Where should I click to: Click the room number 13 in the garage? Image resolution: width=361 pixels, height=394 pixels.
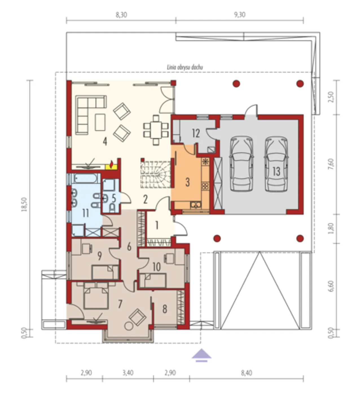pyautogui.click(x=276, y=171)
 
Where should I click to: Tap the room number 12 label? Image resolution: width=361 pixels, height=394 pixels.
pyautogui.click(x=196, y=133)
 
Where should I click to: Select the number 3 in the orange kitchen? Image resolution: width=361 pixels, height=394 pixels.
pyautogui.click(x=188, y=182)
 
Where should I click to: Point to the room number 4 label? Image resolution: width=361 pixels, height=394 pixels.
pyautogui.click(x=105, y=141)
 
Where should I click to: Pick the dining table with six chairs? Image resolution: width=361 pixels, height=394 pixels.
pyautogui.click(x=156, y=130)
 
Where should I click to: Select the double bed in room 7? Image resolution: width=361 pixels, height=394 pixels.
pyautogui.click(x=96, y=296)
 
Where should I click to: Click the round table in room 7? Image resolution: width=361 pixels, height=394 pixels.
pyautogui.click(x=129, y=326)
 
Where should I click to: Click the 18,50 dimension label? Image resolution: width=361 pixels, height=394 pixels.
pyautogui.click(x=25, y=204)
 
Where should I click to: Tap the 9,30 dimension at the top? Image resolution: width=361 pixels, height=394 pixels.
pyautogui.click(x=240, y=15)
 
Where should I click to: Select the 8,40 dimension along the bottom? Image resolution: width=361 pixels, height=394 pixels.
pyautogui.click(x=246, y=373)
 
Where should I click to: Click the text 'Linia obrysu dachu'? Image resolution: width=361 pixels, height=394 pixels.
pyautogui.click(x=185, y=67)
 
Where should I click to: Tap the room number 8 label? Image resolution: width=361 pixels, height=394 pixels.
pyautogui.click(x=165, y=309)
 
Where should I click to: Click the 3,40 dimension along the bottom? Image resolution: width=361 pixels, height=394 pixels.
pyautogui.click(x=128, y=373)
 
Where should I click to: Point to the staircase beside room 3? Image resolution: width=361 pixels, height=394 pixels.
pyautogui.click(x=156, y=175)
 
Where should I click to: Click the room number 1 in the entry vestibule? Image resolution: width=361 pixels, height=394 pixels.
pyautogui.click(x=157, y=225)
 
